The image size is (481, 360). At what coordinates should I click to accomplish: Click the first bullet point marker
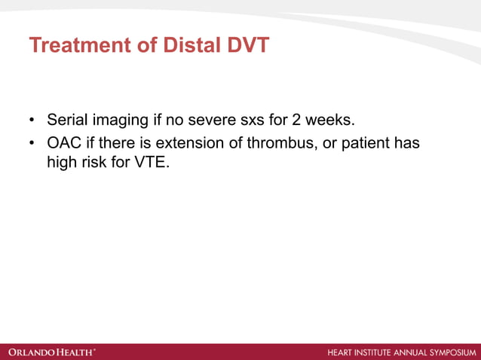tap(32, 121)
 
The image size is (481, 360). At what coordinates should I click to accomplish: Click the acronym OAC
tap(63, 143)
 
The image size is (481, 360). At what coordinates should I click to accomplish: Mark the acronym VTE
tap(152, 160)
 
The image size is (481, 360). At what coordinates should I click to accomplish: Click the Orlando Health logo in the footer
tap(52, 352)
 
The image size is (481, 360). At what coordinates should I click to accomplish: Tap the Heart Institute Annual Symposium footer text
tap(402, 352)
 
